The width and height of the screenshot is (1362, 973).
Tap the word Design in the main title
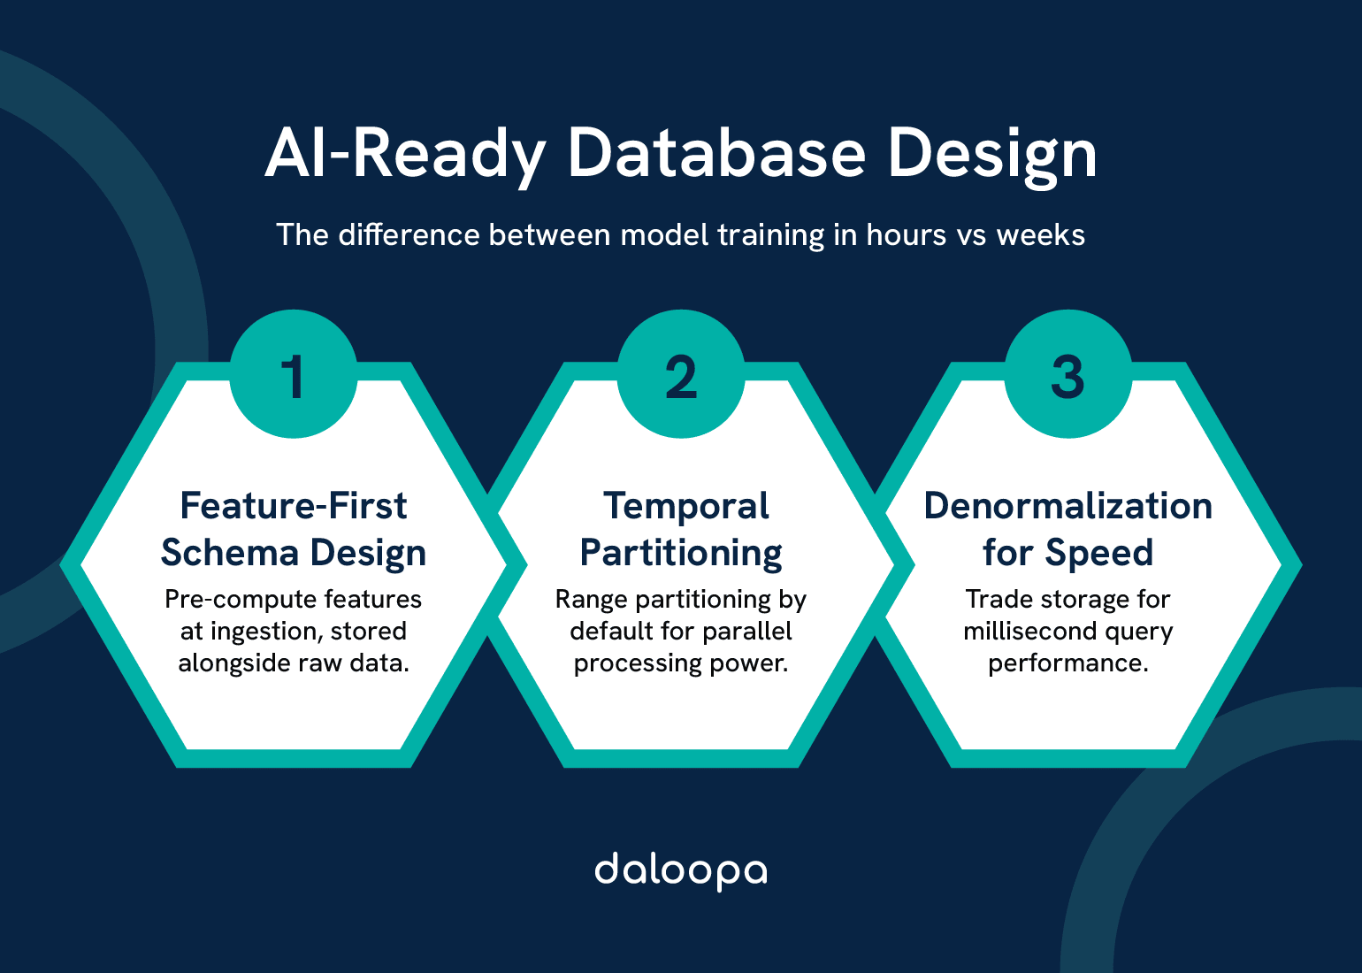(x=991, y=155)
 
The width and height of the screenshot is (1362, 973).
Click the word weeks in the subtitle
(x=1040, y=235)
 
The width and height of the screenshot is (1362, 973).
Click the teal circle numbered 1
(x=294, y=374)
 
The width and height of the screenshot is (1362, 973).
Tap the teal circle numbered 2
(x=681, y=374)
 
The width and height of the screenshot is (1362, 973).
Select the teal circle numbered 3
(x=1067, y=374)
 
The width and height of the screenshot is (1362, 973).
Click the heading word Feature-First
(x=294, y=506)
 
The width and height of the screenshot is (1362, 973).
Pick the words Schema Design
(x=294, y=553)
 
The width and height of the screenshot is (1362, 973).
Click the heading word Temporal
(x=685, y=506)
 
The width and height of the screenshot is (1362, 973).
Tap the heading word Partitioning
(x=681, y=554)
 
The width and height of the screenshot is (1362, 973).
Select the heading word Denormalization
(x=1067, y=506)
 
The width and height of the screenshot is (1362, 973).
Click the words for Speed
(x=1067, y=553)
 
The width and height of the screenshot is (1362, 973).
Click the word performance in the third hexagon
(x=1067, y=663)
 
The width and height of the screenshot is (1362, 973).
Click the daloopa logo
(x=680, y=871)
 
